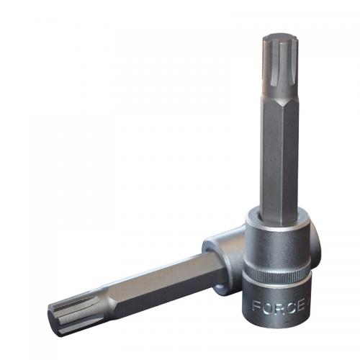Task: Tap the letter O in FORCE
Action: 267,306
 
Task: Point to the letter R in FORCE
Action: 279,307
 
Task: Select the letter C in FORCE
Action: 289,307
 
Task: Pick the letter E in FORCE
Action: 300,306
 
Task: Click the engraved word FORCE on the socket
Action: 279,306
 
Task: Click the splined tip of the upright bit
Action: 279,68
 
